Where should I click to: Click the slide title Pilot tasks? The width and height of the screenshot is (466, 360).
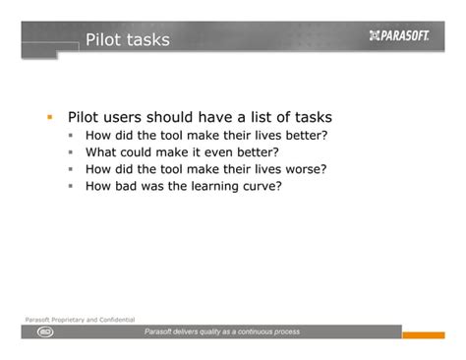pos(127,40)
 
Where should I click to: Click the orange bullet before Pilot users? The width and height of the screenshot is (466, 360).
pos(48,116)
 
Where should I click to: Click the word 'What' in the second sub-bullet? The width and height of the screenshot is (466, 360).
pos(101,151)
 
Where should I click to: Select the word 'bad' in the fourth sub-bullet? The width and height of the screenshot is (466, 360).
pos(133,184)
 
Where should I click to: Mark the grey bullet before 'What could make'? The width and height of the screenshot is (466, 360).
pos(71,152)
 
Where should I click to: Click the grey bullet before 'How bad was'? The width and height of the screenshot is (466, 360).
pos(71,185)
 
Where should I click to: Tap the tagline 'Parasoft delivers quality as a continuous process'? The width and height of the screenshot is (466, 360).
pos(222,332)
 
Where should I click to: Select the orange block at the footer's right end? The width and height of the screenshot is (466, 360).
pos(424,335)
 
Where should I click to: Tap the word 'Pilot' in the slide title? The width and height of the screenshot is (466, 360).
pos(103,40)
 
